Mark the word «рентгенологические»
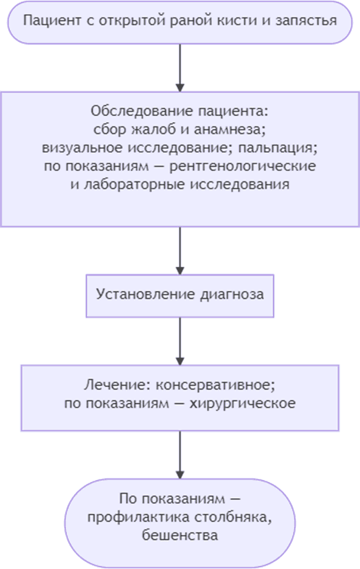click(242, 166)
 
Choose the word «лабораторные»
click(135, 185)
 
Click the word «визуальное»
click(82, 148)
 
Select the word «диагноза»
click(232, 294)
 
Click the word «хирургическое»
click(242, 403)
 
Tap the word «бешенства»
click(180, 535)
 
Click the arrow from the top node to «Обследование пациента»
click(180, 68)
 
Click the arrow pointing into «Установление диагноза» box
click(180, 251)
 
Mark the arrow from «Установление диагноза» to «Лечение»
click(180, 341)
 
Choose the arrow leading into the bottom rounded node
click(180, 455)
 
